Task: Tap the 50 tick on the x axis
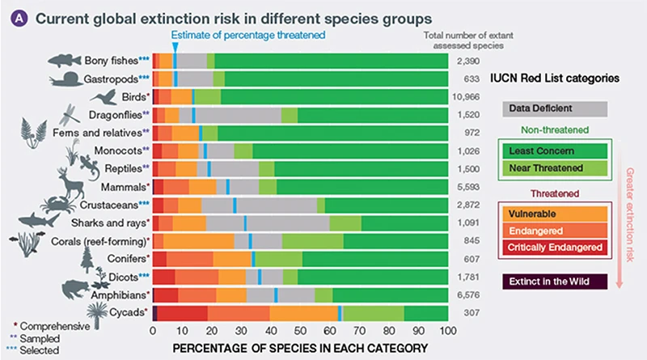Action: (300, 331)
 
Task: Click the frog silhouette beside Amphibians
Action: (70, 287)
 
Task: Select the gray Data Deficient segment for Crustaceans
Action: (276, 204)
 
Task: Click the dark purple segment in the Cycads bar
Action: (154, 312)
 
